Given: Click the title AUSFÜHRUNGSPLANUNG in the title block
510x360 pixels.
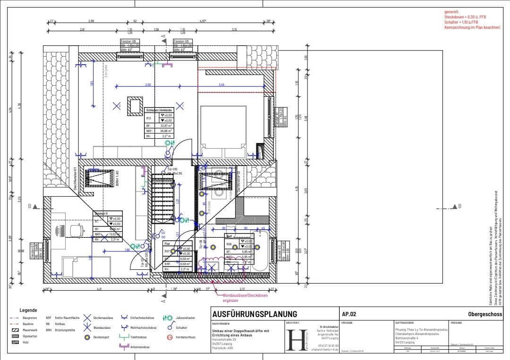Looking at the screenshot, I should (255, 314).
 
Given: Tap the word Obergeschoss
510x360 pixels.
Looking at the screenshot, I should (485, 314).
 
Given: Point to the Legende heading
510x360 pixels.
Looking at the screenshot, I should (28, 310).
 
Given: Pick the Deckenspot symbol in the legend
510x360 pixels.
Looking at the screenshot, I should (87, 337).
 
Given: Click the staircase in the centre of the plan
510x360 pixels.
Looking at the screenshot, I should (162, 193).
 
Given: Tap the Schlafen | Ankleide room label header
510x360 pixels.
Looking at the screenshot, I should (159, 109).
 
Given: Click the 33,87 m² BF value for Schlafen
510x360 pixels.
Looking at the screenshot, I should (166, 126).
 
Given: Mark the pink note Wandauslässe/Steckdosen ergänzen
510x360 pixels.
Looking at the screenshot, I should (246, 297).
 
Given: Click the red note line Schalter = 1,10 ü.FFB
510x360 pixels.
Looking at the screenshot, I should (461, 22).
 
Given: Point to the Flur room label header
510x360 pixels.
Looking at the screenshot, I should (167, 244).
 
